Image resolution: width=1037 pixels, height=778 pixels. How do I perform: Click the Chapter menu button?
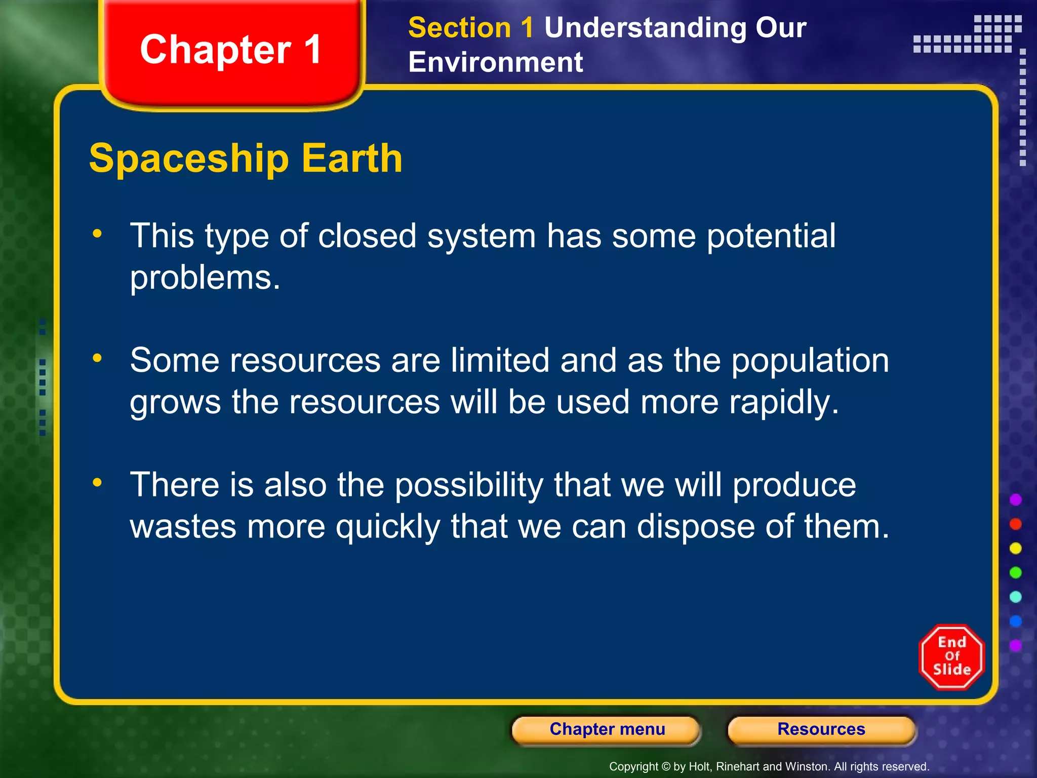click(x=607, y=729)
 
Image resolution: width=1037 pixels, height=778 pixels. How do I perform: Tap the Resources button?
click(x=821, y=729)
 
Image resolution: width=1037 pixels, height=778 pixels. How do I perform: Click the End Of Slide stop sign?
click(x=951, y=656)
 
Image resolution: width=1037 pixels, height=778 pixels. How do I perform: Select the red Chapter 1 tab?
click(x=231, y=51)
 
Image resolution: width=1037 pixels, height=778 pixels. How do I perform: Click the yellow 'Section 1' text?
click(x=470, y=28)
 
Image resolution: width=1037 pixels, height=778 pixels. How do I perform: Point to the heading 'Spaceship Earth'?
click(x=246, y=159)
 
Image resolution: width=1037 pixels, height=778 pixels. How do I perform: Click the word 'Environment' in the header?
click(x=495, y=62)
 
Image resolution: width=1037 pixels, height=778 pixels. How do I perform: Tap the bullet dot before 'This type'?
click(x=97, y=234)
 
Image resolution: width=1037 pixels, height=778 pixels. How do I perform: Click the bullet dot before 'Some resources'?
click(x=97, y=358)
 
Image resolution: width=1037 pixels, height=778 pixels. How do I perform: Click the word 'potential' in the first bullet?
click(x=771, y=237)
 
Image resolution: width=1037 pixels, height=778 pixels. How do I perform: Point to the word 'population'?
click(x=810, y=362)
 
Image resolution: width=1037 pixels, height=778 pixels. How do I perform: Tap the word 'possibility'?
click(x=468, y=486)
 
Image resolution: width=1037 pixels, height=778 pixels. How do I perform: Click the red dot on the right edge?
click(x=1015, y=524)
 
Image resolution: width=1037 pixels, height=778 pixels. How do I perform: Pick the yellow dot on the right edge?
click(x=1015, y=548)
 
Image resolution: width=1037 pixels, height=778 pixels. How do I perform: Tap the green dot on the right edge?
click(x=1015, y=572)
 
